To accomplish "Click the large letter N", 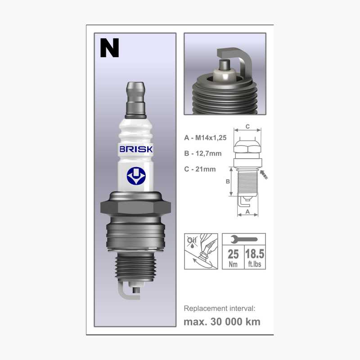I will pos(109,48).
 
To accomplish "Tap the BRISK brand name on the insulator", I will pos(135,149).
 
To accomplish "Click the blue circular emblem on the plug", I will pos(135,176).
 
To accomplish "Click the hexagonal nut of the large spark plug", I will pos(135,207).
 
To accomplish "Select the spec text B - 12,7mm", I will pos(203,154).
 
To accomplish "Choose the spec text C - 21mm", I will pos(200,169).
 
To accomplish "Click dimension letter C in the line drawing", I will pos(247,126).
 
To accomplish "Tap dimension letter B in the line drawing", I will pos(228,181).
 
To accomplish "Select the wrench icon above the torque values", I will pos(243,239).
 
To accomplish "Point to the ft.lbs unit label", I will pos(255,264).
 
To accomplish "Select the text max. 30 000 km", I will pos(222,322).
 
